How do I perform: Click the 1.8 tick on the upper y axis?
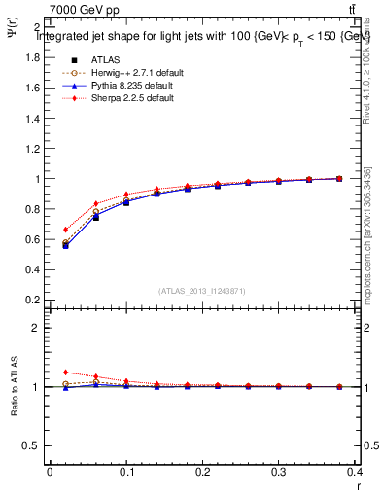point(32,56)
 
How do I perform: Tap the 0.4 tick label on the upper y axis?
point(32,270)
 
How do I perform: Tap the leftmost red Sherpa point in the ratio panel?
point(65,373)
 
